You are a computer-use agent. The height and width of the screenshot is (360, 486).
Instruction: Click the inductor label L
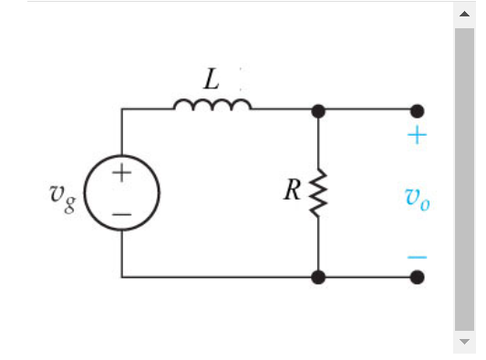(212, 79)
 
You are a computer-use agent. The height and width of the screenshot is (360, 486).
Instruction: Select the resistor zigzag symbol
(318, 193)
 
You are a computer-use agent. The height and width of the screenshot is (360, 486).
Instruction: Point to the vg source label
(63, 194)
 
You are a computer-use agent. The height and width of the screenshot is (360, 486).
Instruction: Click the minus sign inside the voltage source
(122, 215)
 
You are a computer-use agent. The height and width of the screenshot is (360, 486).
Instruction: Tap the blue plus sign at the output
(417, 136)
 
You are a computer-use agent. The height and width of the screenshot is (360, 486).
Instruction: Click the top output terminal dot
(417, 110)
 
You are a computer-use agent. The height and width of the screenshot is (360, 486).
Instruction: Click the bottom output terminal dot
(417, 277)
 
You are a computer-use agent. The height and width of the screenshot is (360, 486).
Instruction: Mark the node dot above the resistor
(318, 110)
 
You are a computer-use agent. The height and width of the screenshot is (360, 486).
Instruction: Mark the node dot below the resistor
(318, 277)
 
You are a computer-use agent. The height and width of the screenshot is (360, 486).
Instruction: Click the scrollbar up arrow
(464, 14)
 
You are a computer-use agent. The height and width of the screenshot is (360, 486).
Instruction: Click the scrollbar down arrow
(464, 343)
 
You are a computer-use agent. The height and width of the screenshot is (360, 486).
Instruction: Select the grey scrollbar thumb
(464, 178)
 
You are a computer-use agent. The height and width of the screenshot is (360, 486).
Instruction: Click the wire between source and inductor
(146, 109)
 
